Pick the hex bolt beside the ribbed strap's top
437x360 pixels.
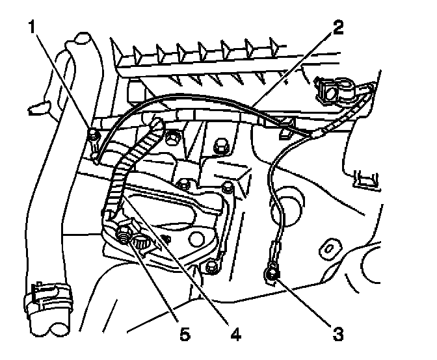click(x=173, y=137)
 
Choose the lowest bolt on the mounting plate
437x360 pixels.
click(x=209, y=267)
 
